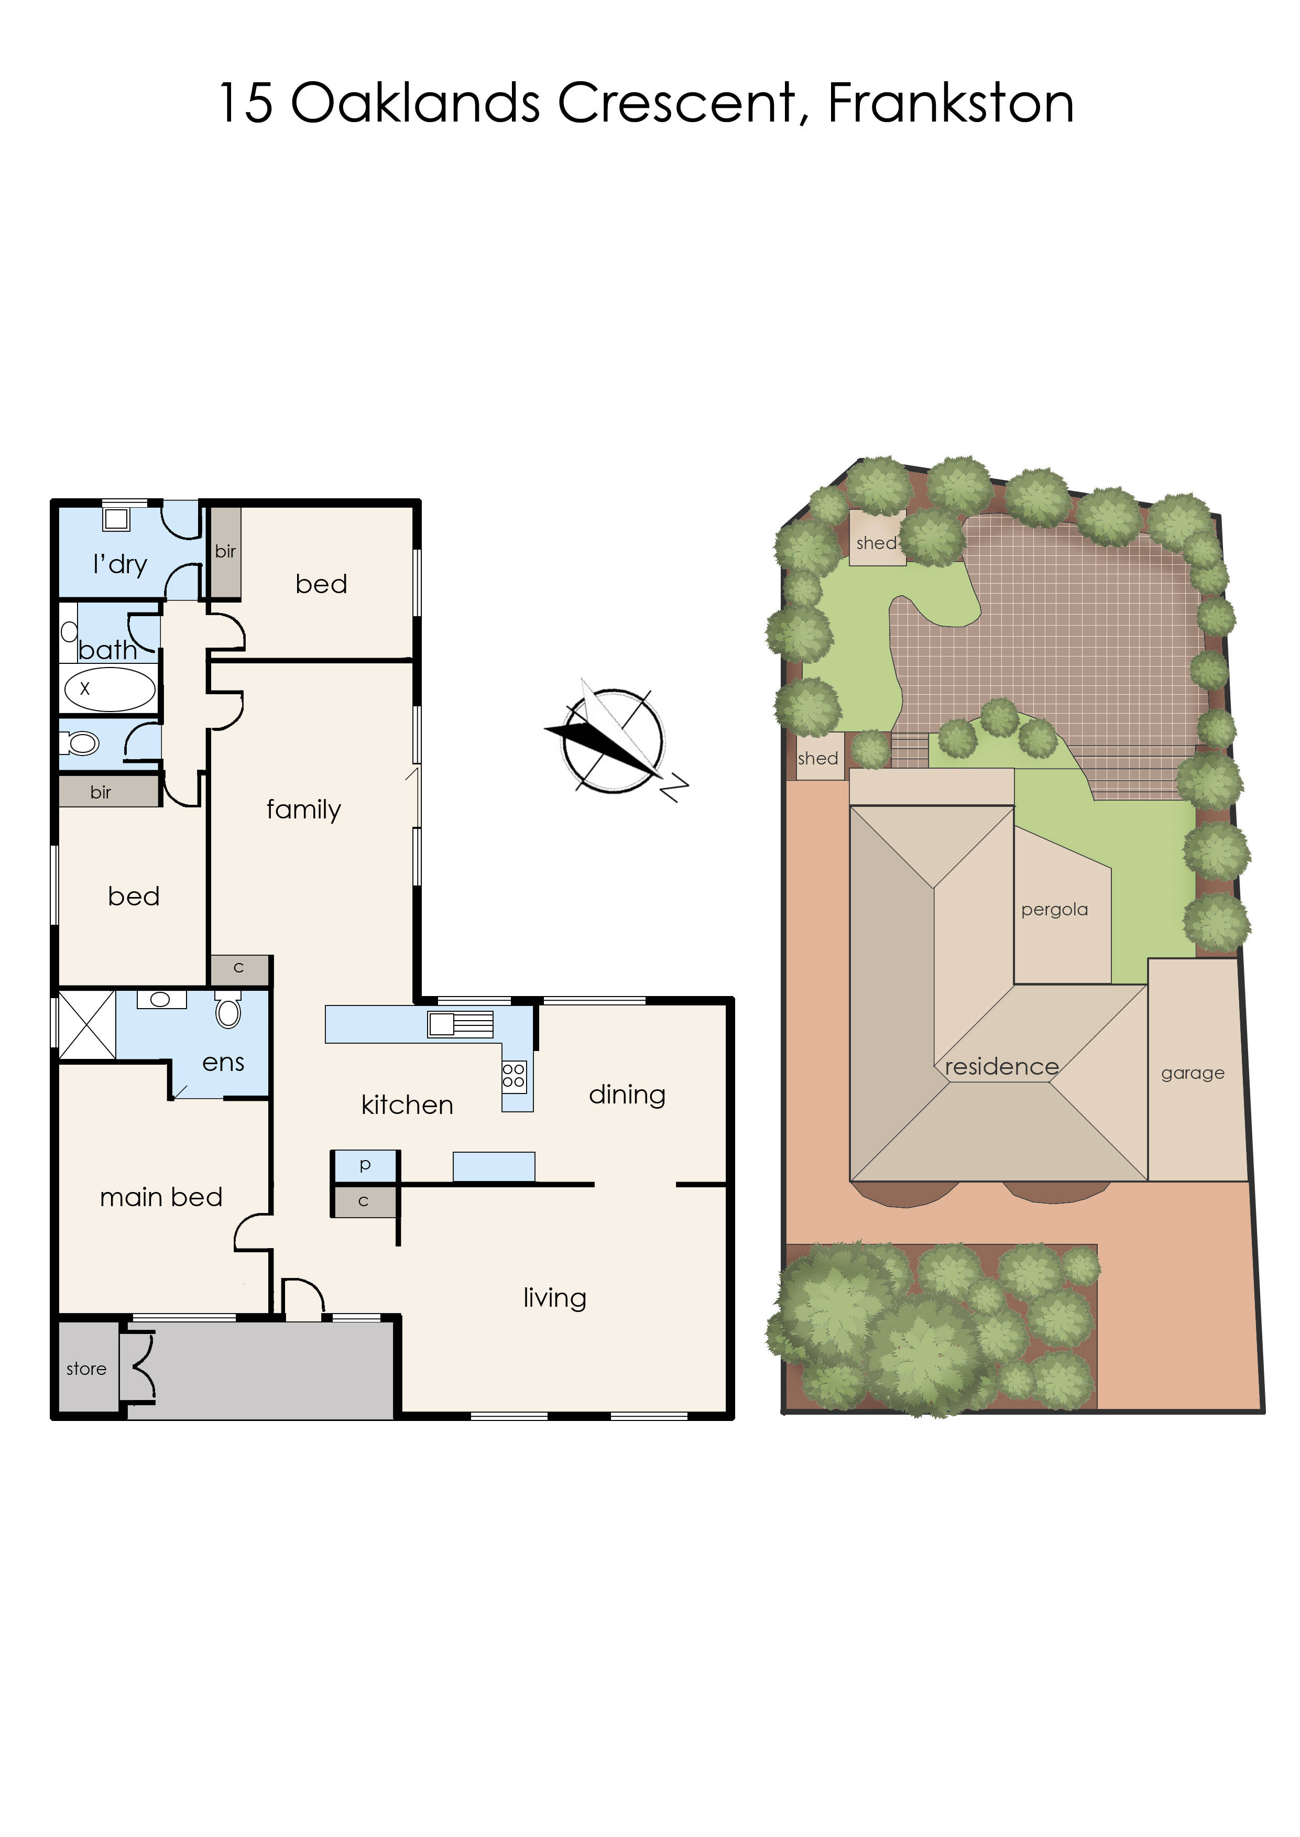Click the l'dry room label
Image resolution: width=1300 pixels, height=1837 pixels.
pyautogui.click(x=120, y=565)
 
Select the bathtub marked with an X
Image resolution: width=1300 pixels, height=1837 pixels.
pyautogui.click(x=110, y=689)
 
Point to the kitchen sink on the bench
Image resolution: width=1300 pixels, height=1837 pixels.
pyautogui.click(x=460, y=1024)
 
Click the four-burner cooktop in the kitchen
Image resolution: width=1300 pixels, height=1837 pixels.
pyautogui.click(x=514, y=1075)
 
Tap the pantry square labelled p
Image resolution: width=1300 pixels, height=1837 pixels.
pyautogui.click(x=365, y=1165)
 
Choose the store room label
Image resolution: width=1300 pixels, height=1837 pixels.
pyautogui.click(x=86, y=1369)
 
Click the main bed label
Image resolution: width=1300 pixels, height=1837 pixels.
pyautogui.click(x=161, y=1197)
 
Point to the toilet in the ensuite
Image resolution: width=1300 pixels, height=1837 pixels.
pyautogui.click(x=228, y=1010)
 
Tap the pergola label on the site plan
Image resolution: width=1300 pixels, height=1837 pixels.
pyautogui.click(x=1054, y=910)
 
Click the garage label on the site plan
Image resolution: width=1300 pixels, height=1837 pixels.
pyautogui.click(x=1193, y=1074)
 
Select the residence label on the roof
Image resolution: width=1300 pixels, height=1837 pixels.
pyautogui.click(x=1001, y=1066)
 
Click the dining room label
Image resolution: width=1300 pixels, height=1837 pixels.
pyautogui.click(x=627, y=1095)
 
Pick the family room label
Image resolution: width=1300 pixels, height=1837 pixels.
pyautogui.click(x=303, y=809)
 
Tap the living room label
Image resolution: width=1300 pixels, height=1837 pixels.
pyautogui.click(x=555, y=1297)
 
